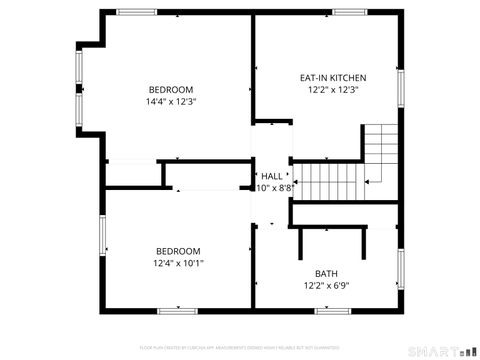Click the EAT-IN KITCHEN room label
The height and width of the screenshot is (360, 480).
click(x=333, y=77)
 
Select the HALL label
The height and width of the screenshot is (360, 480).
click(x=272, y=175)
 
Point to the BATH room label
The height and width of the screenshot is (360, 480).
click(x=327, y=273)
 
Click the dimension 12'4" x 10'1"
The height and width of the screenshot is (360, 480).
click(x=178, y=263)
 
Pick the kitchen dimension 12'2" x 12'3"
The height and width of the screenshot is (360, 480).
click(x=333, y=89)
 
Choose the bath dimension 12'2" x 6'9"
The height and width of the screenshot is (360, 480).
click(x=327, y=285)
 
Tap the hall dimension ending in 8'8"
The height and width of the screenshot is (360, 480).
click(x=274, y=187)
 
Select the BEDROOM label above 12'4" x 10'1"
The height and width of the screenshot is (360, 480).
click(x=178, y=251)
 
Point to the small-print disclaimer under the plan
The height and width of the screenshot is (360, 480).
click(x=240, y=346)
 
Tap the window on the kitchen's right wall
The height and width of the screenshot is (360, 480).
click(x=402, y=85)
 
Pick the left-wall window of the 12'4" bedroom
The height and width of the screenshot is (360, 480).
click(x=102, y=235)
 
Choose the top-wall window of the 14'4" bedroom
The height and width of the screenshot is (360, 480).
click(x=136, y=12)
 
